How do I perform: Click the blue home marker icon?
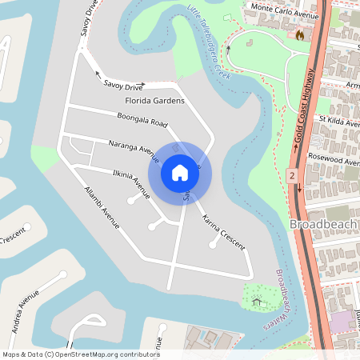tap(180, 172)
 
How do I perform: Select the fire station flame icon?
tap(300, 35)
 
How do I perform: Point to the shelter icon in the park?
tap(256, 301)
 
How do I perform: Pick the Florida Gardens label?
tap(155, 101)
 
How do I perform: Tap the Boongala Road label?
tap(142, 122)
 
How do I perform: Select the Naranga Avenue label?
tap(134, 147)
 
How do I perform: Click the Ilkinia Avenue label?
tap(131, 182)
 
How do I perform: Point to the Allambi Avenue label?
tap(102, 208)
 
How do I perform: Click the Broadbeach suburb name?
tap(324, 223)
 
